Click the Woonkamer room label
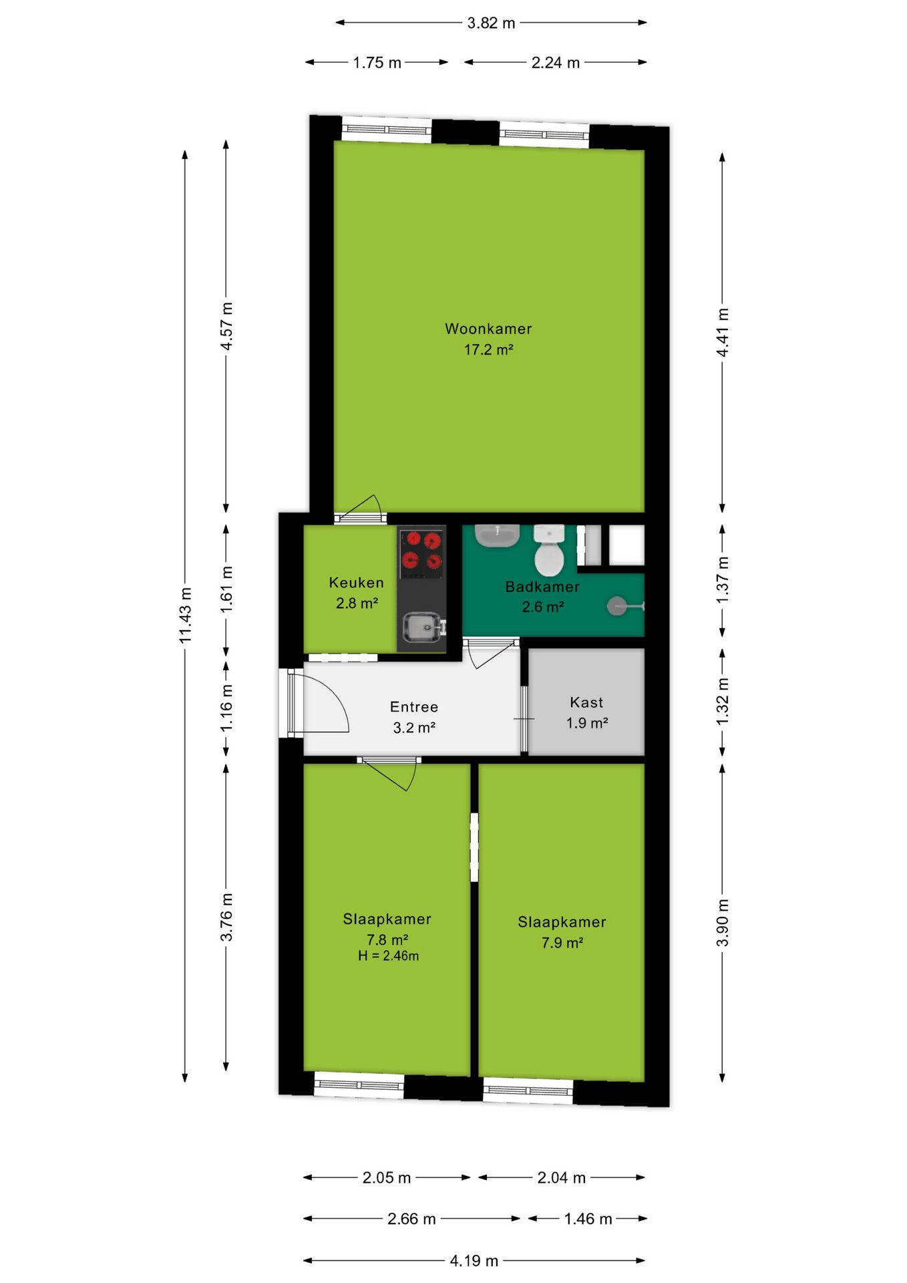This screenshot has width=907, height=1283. click(x=488, y=329)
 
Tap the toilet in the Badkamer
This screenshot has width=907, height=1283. click(x=550, y=551)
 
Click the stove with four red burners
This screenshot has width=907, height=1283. click(x=422, y=553)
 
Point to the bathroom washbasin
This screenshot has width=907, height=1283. click(x=497, y=535)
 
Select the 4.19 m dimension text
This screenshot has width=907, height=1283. click(x=474, y=1261)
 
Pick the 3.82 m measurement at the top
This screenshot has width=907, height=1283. click(x=491, y=23)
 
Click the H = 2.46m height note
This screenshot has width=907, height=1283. click(x=388, y=956)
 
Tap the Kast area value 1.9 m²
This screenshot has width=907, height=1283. click(x=587, y=723)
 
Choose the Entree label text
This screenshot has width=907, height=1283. click(x=414, y=707)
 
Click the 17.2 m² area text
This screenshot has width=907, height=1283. click(x=489, y=349)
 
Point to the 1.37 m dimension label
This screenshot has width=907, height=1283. click(x=722, y=580)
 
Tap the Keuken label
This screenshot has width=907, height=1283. click(x=357, y=583)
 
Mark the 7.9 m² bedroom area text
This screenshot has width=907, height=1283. click(x=562, y=943)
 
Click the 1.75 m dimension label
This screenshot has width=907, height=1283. click(x=377, y=63)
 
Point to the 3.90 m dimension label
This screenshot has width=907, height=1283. click(x=722, y=923)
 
